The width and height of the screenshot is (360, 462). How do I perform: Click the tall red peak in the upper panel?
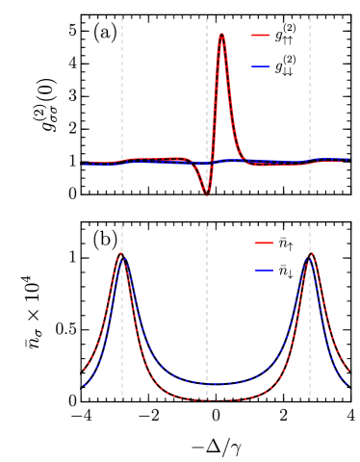(x=221, y=35)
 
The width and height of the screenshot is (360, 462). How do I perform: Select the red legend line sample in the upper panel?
(x=260, y=36)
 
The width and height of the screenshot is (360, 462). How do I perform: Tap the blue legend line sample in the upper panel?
(x=260, y=66)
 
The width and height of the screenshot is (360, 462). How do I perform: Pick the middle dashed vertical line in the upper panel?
(x=207, y=87)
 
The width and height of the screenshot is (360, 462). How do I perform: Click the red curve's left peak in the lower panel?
(x=122, y=254)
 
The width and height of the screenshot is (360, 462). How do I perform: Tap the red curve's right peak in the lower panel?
(x=310, y=254)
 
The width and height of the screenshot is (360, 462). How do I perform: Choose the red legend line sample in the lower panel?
(x=264, y=244)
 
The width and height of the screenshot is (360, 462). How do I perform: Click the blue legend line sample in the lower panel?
(x=264, y=270)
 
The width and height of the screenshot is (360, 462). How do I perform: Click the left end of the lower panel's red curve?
(x=84, y=370)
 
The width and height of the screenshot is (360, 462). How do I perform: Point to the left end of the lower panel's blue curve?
(x=84, y=385)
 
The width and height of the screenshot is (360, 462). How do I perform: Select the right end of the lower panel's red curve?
(x=349, y=370)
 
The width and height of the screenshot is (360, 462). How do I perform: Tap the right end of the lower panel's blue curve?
(x=349, y=385)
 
